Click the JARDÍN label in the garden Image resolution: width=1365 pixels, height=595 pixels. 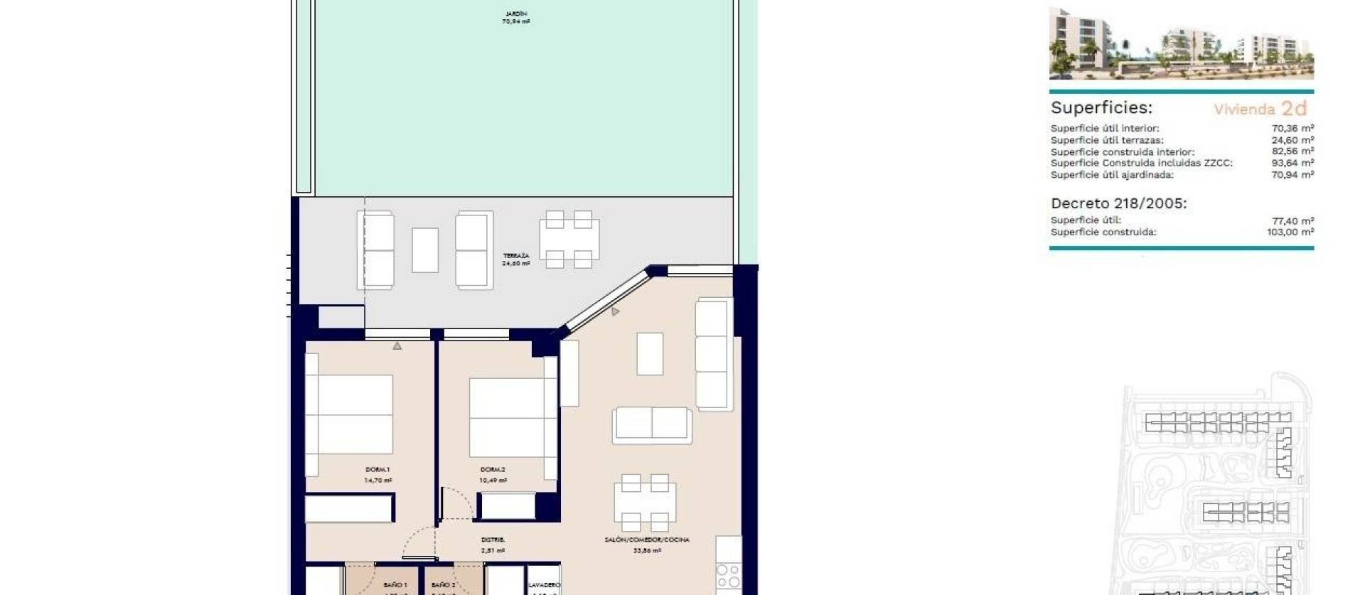(516, 14)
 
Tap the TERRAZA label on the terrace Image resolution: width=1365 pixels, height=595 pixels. (516, 256)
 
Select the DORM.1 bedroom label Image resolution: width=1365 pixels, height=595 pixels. (378, 470)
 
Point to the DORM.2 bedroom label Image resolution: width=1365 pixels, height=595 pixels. (493, 470)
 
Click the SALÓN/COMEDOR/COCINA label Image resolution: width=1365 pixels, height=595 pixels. (647, 540)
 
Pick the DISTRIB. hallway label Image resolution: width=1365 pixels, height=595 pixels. (493, 540)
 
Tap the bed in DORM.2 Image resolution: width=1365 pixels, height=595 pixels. (507, 417)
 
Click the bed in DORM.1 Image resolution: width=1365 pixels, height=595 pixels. (354, 414)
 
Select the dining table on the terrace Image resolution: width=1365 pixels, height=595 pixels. (569, 240)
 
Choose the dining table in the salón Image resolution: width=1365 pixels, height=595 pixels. (645, 503)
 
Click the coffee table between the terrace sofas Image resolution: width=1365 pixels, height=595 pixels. (425, 250)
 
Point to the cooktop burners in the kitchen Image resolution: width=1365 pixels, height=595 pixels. (729, 577)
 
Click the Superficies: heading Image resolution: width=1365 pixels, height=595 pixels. (1101, 108)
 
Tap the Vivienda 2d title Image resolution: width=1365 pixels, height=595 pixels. (1260, 109)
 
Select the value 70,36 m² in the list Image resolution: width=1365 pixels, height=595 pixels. (1292, 129)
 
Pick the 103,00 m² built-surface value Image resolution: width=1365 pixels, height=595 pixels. (1290, 232)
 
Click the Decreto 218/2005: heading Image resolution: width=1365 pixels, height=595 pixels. (1118, 204)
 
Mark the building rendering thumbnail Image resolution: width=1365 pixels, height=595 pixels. (1181, 44)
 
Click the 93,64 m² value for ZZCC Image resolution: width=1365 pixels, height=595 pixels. (1292, 164)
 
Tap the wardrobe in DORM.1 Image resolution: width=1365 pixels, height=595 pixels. (349, 509)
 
